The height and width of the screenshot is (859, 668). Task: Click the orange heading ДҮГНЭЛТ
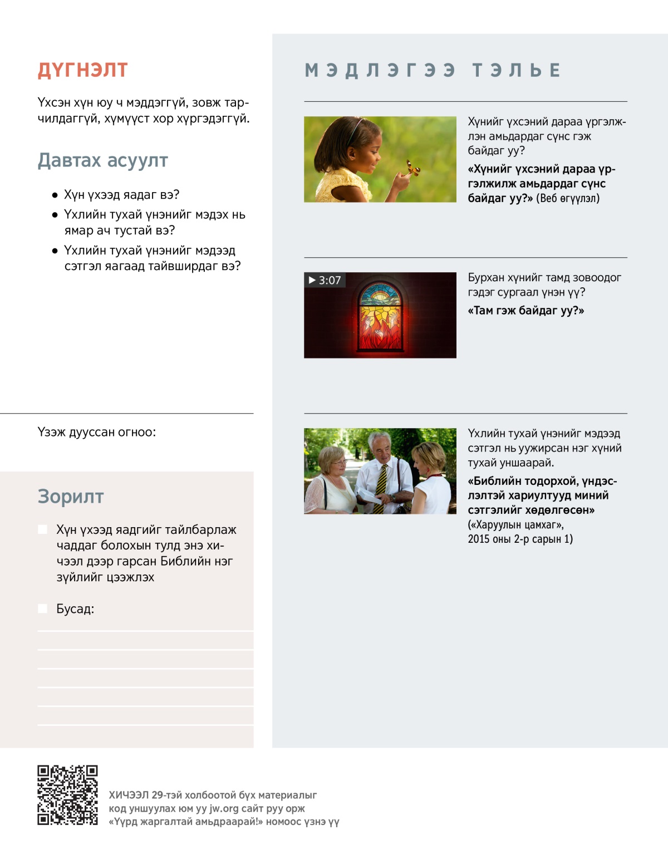click(x=82, y=70)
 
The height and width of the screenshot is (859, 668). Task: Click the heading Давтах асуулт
click(x=102, y=160)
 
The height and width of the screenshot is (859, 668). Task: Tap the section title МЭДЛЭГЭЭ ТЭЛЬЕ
click(x=433, y=70)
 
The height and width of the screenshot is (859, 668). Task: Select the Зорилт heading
click(x=71, y=496)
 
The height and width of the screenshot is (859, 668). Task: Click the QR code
click(x=67, y=794)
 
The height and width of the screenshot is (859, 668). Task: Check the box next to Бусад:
click(x=42, y=608)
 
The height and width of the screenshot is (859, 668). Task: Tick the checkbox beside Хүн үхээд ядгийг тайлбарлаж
click(x=42, y=529)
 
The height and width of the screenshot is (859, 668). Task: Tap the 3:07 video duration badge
click(x=325, y=280)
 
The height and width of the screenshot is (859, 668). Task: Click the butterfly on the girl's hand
click(x=412, y=168)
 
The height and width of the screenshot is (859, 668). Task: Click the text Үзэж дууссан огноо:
click(x=97, y=432)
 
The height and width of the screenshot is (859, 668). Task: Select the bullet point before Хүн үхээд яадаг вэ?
click(x=55, y=195)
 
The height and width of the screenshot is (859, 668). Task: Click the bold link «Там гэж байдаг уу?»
click(x=525, y=311)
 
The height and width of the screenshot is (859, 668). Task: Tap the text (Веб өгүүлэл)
click(x=568, y=198)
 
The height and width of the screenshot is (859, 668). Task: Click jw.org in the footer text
click(x=223, y=808)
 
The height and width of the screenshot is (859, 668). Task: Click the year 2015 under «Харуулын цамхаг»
click(x=478, y=539)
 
